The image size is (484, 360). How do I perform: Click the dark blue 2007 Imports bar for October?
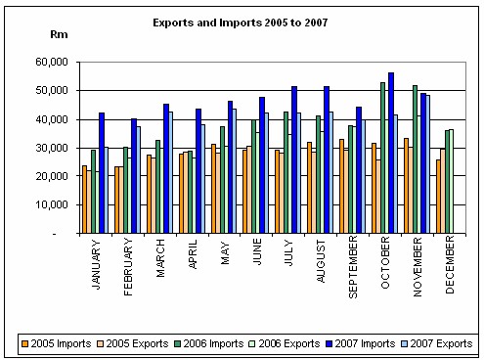click(x=391, y=154)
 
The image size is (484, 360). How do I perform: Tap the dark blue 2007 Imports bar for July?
click(x=294, y=160)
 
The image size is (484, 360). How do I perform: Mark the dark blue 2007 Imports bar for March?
click(x=166, y=169)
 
